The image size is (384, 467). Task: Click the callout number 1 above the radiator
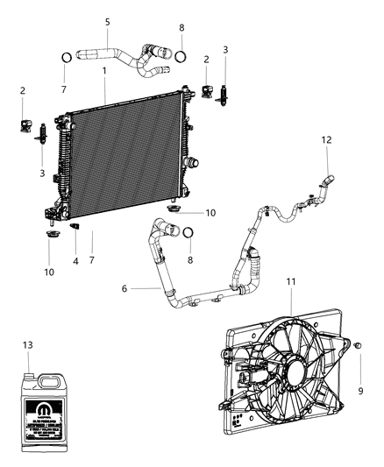coord(103,69)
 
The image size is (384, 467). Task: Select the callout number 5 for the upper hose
coord(107,21)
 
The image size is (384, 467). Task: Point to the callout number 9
coord(359,390)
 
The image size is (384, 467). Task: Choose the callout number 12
coord(326,140)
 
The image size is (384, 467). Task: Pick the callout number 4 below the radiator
coord(75,260)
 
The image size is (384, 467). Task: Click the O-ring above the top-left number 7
coord(65,59)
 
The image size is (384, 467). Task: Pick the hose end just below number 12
coord(326,181)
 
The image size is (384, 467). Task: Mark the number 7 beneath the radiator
coord(91,260)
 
